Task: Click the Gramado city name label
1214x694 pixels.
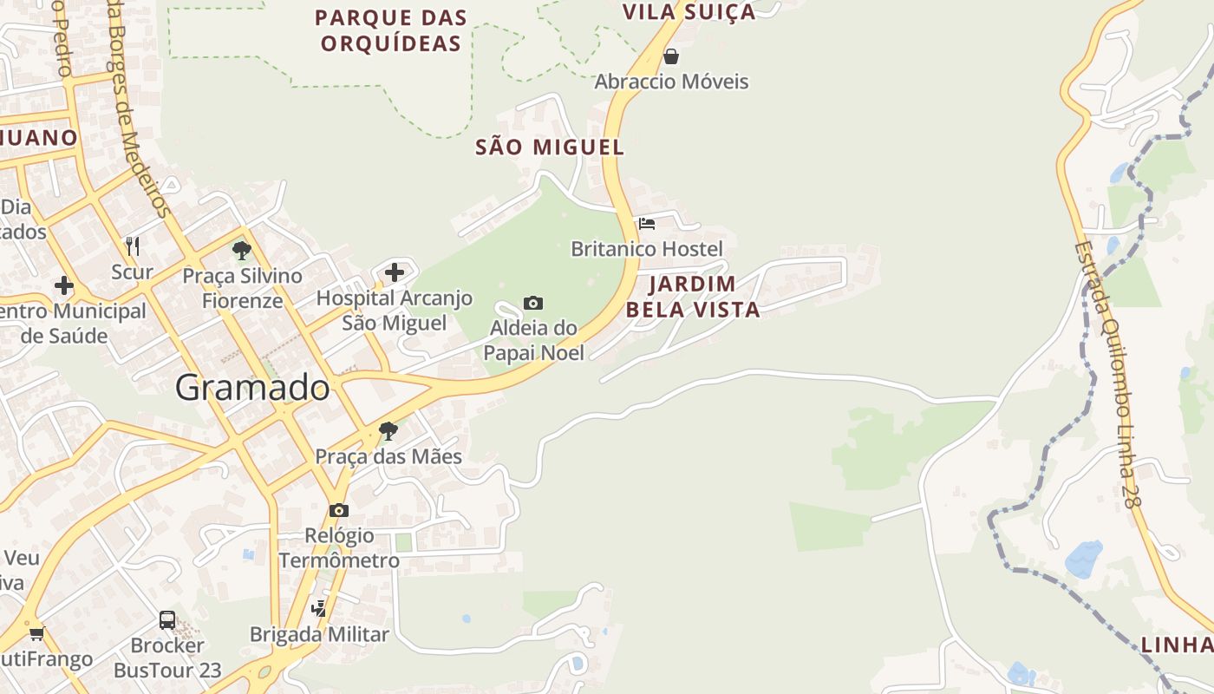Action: pyautogui.click(x=252, y=388)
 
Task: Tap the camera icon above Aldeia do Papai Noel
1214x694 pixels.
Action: pyautogui.click(x=533, y=303)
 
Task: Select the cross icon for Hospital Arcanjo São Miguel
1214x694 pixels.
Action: pyautogui.click(x=395, y=272)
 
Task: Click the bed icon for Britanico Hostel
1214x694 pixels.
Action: pyautogui.click(x=647, y=224)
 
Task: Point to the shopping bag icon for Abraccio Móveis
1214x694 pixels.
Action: pyautogui.click(x=670, y=57)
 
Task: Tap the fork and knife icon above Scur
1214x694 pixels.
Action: pyautogui.click(x=133, y=246)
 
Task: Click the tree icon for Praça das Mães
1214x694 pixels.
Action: pyautogui.click(x=388, y=430)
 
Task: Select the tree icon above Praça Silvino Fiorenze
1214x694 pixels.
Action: pyautogui.click(x=242, y=252)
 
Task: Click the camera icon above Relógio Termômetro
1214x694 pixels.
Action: pyautogui.click(x=339, y=510)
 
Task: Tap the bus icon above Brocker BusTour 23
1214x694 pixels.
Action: pyautogui.click(x=167, y=620)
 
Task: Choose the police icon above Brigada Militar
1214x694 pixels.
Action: pyautogui.click(x=319, y=608)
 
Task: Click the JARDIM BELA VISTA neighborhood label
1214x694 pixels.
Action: pyautogui.click(x=693, y=297)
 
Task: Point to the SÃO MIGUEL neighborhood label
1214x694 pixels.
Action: pyautogui.click(x=550, y=147)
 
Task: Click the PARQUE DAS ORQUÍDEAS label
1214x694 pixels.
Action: pyautogui.click(x=390, y=30)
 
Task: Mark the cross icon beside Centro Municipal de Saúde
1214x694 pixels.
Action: pyautogui.click(x=63, y=285)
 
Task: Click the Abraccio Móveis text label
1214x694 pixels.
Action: pyautogui.click(x=671, y=82)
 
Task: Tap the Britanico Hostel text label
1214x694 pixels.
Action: pyautogui.click(x=646, y=249)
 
